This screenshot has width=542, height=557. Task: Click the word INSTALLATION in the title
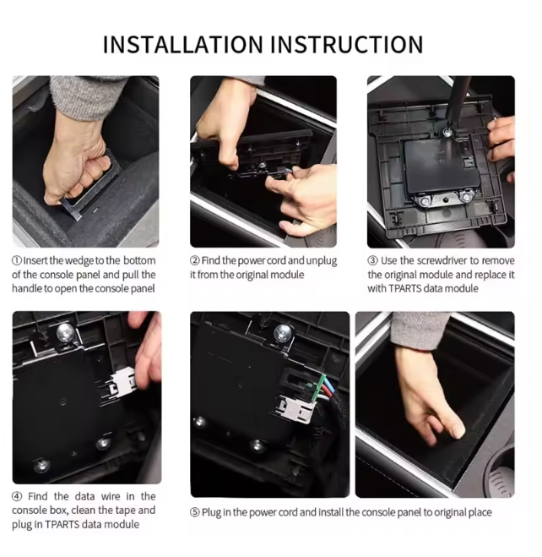click(182, 45)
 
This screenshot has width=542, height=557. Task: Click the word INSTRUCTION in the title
click(347, 45)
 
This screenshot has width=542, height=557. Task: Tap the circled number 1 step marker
click(17, 260)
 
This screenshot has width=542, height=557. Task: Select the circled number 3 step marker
click(372, 260)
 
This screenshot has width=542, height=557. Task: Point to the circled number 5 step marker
click(195, 512)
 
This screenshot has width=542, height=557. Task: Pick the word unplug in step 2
click(322, 261)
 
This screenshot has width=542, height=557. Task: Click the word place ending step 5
click(480, 513)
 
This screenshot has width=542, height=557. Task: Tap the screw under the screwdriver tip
click(447, 133)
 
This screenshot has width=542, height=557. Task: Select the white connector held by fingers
click(122, 383)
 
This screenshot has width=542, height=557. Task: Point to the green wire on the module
click(319, 388)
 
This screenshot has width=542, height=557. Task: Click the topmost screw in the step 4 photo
click(65, 332)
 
